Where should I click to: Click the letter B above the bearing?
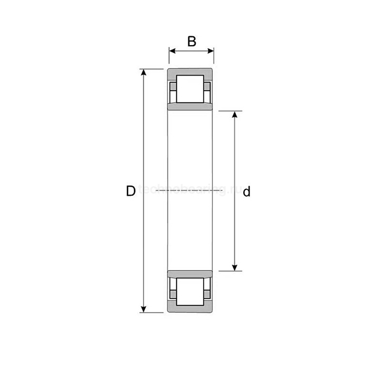click(x=191, y=41)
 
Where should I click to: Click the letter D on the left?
click(x=130, y=191)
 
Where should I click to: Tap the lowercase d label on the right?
click(x=246, y=192)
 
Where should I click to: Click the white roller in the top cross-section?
click(x=190, y=88)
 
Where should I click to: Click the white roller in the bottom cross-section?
click(x=190, y=294)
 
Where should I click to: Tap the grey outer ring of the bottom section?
click(x=190, y=310)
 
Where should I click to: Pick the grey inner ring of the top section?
click(x=190, y=106)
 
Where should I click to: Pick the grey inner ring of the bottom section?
click(x=190, y=275)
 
